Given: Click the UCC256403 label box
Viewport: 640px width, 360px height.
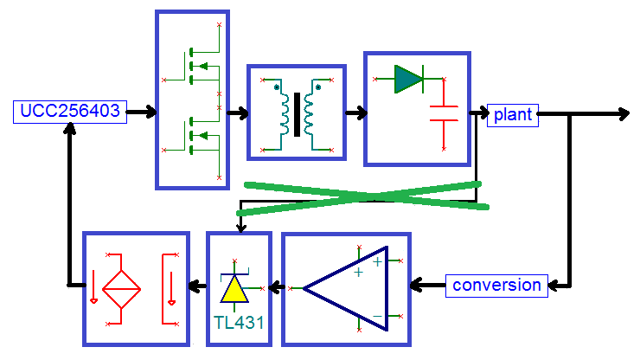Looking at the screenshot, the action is (70, 112).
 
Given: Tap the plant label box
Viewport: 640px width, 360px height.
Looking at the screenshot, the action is (513, 115).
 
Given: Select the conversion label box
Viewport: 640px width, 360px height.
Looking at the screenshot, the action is (496, 286).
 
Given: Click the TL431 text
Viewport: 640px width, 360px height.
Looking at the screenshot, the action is (240, 323).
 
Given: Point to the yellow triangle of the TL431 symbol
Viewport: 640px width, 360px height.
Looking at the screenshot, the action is (234, 289).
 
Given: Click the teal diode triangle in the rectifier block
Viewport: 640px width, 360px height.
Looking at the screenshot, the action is (408, 79).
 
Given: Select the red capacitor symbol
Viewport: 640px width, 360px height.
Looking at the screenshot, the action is (444, 113).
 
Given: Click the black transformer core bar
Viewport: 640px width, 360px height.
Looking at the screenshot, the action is (297, 114).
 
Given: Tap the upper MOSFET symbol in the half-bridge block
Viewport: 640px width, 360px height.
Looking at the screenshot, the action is (200, 66).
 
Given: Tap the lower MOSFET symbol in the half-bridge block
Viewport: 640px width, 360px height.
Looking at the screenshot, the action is (200, 136).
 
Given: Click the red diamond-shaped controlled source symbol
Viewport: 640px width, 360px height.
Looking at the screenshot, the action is (121, 289).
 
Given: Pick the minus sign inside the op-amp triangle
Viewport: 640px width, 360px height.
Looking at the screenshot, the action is (378, 316).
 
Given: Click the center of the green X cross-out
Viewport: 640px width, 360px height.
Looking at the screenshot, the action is (363, 197).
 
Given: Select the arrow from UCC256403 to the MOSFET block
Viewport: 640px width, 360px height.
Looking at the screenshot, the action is (141, 112).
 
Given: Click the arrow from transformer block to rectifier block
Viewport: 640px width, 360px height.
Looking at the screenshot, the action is (356, 112).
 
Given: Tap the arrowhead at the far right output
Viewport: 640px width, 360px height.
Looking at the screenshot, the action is (624, 114).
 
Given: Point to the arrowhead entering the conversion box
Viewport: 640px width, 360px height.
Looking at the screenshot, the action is (554, 286).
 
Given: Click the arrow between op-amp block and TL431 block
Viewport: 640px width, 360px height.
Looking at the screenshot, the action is (277, 287).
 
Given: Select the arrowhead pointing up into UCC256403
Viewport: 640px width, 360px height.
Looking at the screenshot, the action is (70, 129).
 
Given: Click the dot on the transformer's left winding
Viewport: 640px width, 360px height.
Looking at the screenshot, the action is (277, 87).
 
